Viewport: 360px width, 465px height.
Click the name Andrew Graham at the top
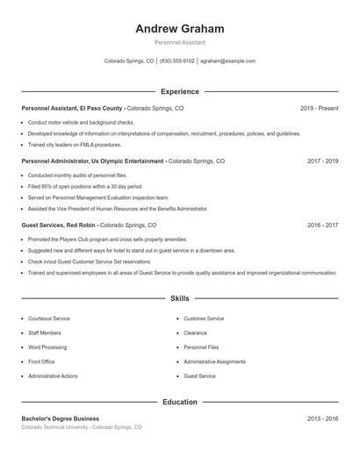point(180,29)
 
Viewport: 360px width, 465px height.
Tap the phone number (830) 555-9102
point(176,61)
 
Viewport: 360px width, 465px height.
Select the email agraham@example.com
point(227,61)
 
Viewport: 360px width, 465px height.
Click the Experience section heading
point(180,91)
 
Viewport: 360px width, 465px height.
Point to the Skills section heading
point(180,299)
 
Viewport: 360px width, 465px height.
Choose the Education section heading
point(180,402)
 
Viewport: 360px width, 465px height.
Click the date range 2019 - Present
point(319,108)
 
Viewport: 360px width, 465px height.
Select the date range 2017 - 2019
point(323,161)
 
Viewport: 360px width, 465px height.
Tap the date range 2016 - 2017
point(323,225)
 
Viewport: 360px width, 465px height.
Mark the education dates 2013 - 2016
point(323,418)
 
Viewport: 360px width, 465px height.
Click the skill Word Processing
point(47,347)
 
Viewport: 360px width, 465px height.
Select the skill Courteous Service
point(49,318)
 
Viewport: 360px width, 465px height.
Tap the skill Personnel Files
point(201,347)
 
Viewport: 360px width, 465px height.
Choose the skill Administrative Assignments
point(215,361)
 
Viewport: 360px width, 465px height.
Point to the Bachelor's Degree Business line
point(61,418)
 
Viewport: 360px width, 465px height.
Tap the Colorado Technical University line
point(81,427)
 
